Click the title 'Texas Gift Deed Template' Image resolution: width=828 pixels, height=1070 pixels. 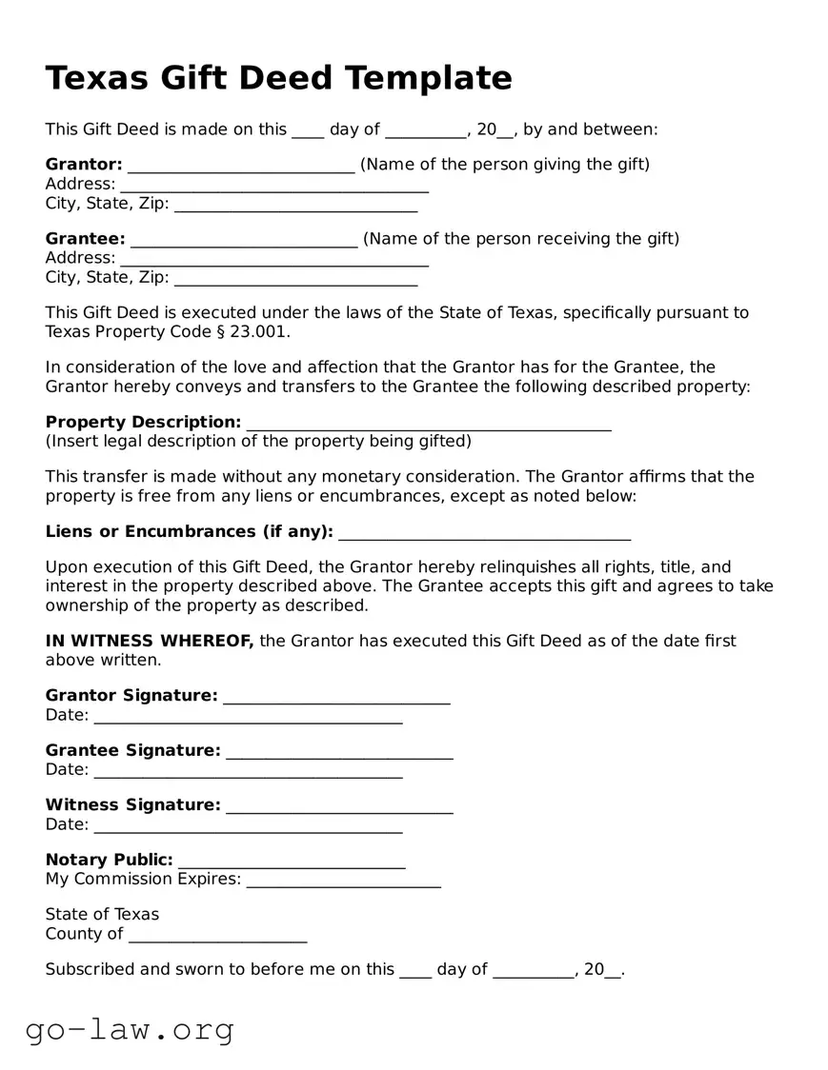(x=278, y=77)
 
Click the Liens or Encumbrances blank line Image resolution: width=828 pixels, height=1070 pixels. (x=484, y=536)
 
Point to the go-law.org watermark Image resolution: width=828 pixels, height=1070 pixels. (x=130, y=1029)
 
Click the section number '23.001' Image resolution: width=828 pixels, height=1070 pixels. (x=258, y=331)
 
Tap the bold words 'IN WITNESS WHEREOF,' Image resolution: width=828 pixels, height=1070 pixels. (x=150, y=641)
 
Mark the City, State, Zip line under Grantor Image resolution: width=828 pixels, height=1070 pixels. (x=295, y=208)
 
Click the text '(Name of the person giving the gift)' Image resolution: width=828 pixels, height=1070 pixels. (x=505, y=164)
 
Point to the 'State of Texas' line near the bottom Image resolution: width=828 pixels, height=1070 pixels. (x=102, y=914)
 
